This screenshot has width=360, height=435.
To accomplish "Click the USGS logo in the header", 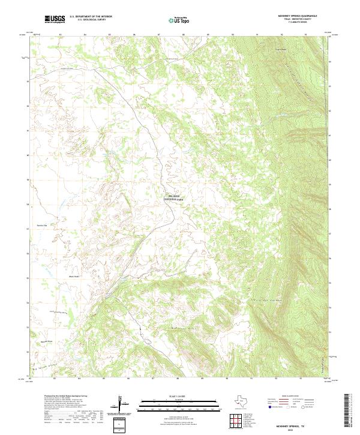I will (x=55, y=20).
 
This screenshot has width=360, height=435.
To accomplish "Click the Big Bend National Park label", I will (x=172, y=197).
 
